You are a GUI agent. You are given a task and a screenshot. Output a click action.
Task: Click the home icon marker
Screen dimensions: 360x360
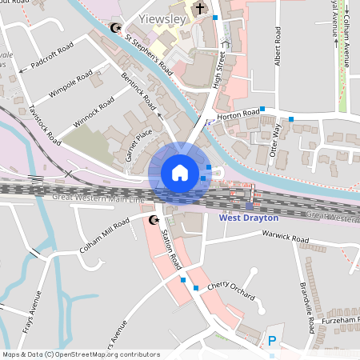tap(179, 172)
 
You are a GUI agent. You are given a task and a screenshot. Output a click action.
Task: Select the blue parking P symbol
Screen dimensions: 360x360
tap(272, 340)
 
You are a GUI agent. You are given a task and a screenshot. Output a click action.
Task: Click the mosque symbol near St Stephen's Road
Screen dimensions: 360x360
tap(115, 28)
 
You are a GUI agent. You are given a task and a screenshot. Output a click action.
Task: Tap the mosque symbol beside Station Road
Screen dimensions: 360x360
tap(154, 218)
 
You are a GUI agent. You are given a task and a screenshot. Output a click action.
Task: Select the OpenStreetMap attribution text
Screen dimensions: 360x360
tap(81, 354)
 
